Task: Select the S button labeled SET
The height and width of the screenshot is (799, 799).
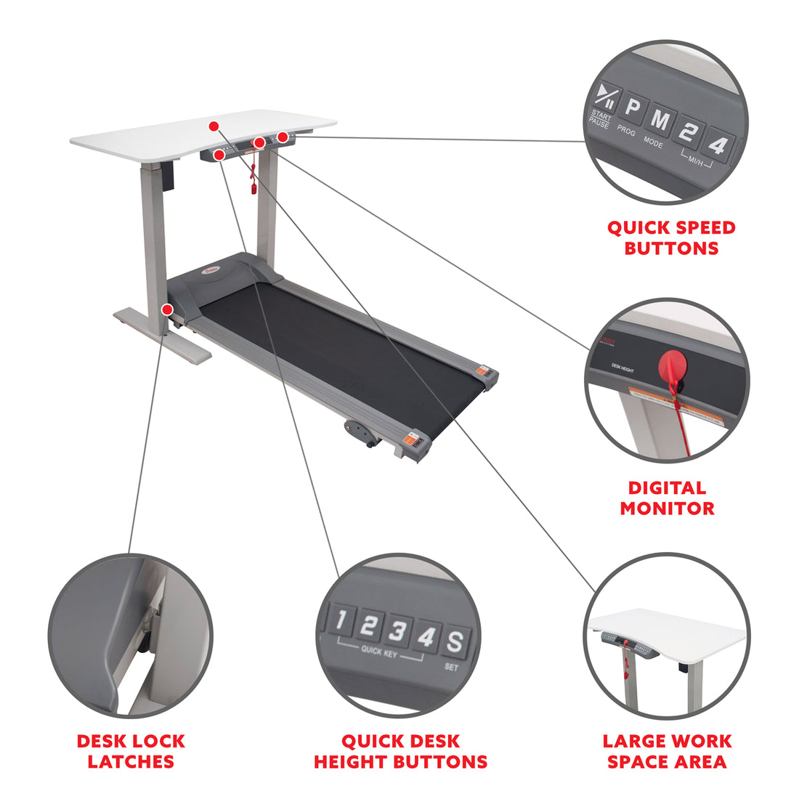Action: [454, 642]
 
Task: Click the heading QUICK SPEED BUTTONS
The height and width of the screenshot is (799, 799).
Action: [671, 238]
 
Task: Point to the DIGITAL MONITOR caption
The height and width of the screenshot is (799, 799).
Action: [667, 498]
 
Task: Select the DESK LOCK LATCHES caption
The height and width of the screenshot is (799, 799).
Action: [131, 751]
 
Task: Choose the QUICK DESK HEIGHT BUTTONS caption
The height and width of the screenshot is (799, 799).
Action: [400, 751]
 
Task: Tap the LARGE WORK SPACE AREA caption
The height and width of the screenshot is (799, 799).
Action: [667, 751]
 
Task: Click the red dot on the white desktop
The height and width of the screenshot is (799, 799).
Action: [214, 126]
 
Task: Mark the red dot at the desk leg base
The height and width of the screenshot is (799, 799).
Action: [168, 309]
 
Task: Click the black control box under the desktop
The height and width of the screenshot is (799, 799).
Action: [169, 177]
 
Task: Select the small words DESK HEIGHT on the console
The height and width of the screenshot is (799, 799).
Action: [622, 370]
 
